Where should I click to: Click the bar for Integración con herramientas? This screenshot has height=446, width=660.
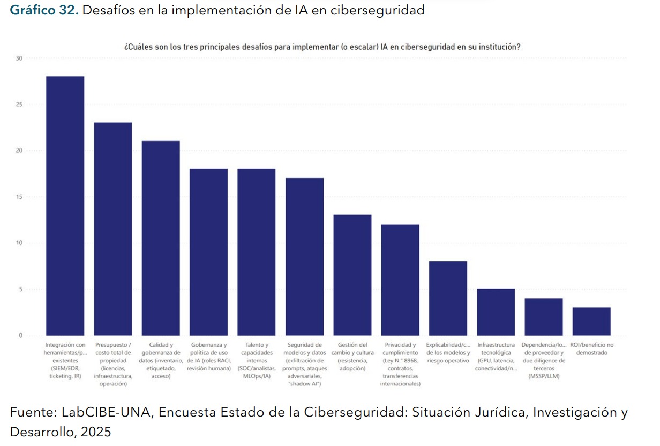[65, 206]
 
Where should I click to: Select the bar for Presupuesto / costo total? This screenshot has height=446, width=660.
[113, 229]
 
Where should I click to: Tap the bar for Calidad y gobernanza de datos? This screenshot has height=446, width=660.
[161, 238]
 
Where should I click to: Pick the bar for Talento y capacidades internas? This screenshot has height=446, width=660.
[257, 252]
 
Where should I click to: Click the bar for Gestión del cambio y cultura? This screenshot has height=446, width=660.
[352, 275]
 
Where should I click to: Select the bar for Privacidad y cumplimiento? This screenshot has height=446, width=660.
[400, 280]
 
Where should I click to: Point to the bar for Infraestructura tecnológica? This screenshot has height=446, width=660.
[496, 312]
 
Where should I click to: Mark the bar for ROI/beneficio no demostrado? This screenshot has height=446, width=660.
[591, 321]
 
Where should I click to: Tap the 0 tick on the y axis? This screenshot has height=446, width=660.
[21, 336]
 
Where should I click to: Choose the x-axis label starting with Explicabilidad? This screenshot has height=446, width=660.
[448, 353]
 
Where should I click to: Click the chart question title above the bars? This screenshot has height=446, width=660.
[322, 47]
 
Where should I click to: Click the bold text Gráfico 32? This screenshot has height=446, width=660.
[44, 10]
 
